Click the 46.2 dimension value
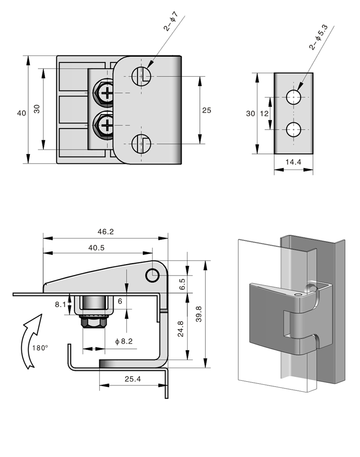point(105,232)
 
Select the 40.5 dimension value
point(97,248)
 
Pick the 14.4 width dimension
point(293,161)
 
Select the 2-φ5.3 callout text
point(316,38)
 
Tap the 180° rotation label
point(40,347)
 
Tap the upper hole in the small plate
point(293,96)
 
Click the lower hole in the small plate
point(293,130)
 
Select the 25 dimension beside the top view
point(206,110)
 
